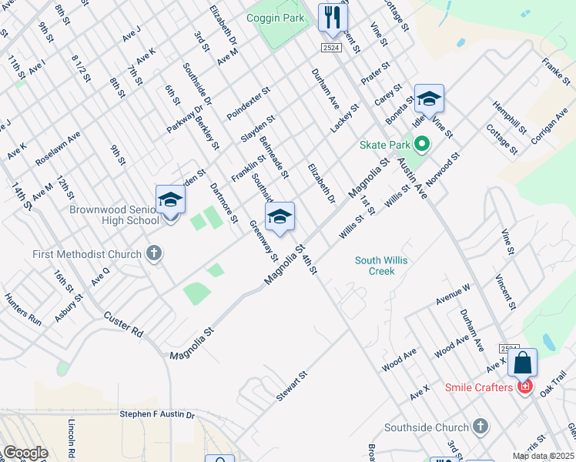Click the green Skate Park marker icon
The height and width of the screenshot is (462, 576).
pyautogui.click(x=421, y=144)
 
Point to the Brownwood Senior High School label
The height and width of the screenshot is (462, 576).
pyautogui.click(x=114, y=215)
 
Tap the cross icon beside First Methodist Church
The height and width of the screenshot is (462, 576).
pyautogui.click(x=153, y=253)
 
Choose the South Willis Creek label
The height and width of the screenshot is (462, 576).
pyautogui.click(x=381, y=266)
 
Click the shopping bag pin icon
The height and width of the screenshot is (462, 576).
pyautogui.click(x=522, y=363)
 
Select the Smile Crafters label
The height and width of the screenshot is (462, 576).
pyautogui.click(x=477, y=387)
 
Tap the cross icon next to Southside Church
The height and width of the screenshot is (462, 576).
pyautogui.click(x=481, y=427)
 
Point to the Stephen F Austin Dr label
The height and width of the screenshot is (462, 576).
pyautogui.click(x=157, y=414)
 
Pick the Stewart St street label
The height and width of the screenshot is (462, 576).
pyautogui.click(x=292, y=385)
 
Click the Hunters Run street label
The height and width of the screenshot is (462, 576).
pyautogui.click(x=23, y=306)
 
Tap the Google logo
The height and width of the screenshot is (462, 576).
pyautogui.click(x=25, y=453)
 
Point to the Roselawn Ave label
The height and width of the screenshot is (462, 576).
pyautogui.click(x=58, y=148)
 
